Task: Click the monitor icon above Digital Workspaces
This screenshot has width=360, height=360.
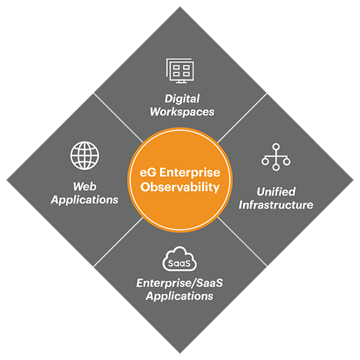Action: click(x=180, y=70)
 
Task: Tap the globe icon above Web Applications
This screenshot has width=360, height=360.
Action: click(x=85, y=155)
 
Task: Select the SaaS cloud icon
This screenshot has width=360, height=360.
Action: click(x=179, y=259)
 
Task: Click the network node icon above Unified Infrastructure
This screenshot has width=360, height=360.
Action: click(x=275, y=157)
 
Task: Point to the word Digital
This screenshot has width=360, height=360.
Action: click(x=182, y=99)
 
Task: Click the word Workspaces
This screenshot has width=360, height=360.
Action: click(x=182, y=112)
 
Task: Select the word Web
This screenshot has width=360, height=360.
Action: click(x=85, y=186)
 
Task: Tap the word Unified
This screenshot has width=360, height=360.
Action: click(x=276, y=192)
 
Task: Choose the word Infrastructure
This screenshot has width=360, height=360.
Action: click(x=276, y=205)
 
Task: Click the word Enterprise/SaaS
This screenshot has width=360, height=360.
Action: click(x=179, y=283)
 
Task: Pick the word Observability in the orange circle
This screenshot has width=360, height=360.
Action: click(x=180, y=187)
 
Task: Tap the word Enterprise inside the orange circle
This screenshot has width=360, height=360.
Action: click(x=190, y=173)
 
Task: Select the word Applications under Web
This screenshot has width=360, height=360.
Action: click(x=85, y=200)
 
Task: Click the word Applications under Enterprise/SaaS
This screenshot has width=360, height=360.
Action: click(x=179, y=296)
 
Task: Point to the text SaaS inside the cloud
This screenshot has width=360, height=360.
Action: click(x=179, y=263)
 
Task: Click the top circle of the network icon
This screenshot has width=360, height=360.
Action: click(x=276, y=146)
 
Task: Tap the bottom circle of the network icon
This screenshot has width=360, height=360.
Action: click(x=276, y=167)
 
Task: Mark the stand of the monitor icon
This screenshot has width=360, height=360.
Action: click(x=181, y=82)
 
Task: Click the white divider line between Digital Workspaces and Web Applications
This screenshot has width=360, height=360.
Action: click(x=118, y=117)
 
